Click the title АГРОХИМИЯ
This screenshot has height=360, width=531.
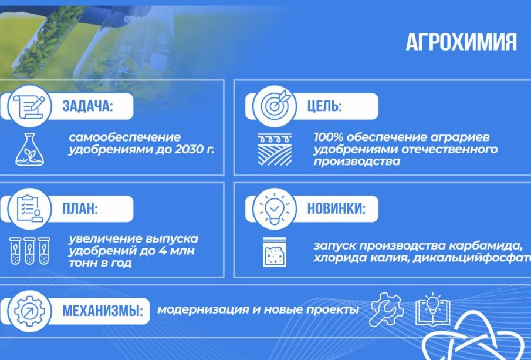(461, 42)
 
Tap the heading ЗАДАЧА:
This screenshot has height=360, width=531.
(87, 106)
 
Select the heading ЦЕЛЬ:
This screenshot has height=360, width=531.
(324, 106)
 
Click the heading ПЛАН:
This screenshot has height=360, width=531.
(80, 208)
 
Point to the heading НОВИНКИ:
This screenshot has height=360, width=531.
(336, 208)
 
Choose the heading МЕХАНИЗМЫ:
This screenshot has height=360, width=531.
(103, 311)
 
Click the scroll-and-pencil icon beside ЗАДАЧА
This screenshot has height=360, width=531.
(30, 106)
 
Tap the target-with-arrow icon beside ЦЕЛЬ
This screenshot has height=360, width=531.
(275, 106)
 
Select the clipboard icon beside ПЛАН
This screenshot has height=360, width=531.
(30, 208)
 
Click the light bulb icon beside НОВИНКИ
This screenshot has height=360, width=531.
(275, 208)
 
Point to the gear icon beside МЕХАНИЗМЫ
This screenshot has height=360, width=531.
(29, 311)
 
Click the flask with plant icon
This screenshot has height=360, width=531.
(29, 149)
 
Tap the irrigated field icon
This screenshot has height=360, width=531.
(275, 150)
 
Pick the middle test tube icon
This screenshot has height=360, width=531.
(29, 251)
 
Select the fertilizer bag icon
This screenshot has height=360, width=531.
(275, 252)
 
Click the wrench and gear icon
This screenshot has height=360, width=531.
(386, 309)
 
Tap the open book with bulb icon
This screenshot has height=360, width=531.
(433, 309)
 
